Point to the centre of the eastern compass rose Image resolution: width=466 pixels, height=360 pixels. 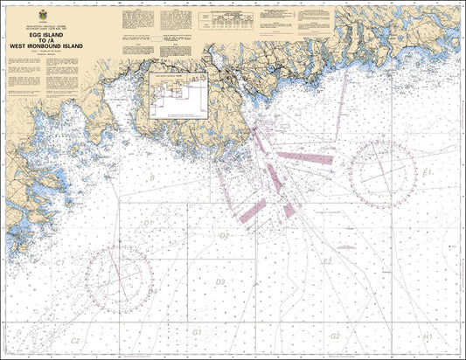click(381, 173)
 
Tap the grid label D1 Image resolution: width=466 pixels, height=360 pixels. click(147, 223)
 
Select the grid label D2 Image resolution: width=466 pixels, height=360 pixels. click(224, 236)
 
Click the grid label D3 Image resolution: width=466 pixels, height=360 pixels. click(219, 281)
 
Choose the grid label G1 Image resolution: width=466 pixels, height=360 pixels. click(198, 333)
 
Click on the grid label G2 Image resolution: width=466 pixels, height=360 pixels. click(334, 336)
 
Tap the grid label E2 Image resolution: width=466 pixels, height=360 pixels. click(327, 260)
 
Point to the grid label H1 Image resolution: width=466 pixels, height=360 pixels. click(427, 336)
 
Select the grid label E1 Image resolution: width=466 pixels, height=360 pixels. click(428, 172)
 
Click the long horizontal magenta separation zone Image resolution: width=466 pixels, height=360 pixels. click(303, 159)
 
